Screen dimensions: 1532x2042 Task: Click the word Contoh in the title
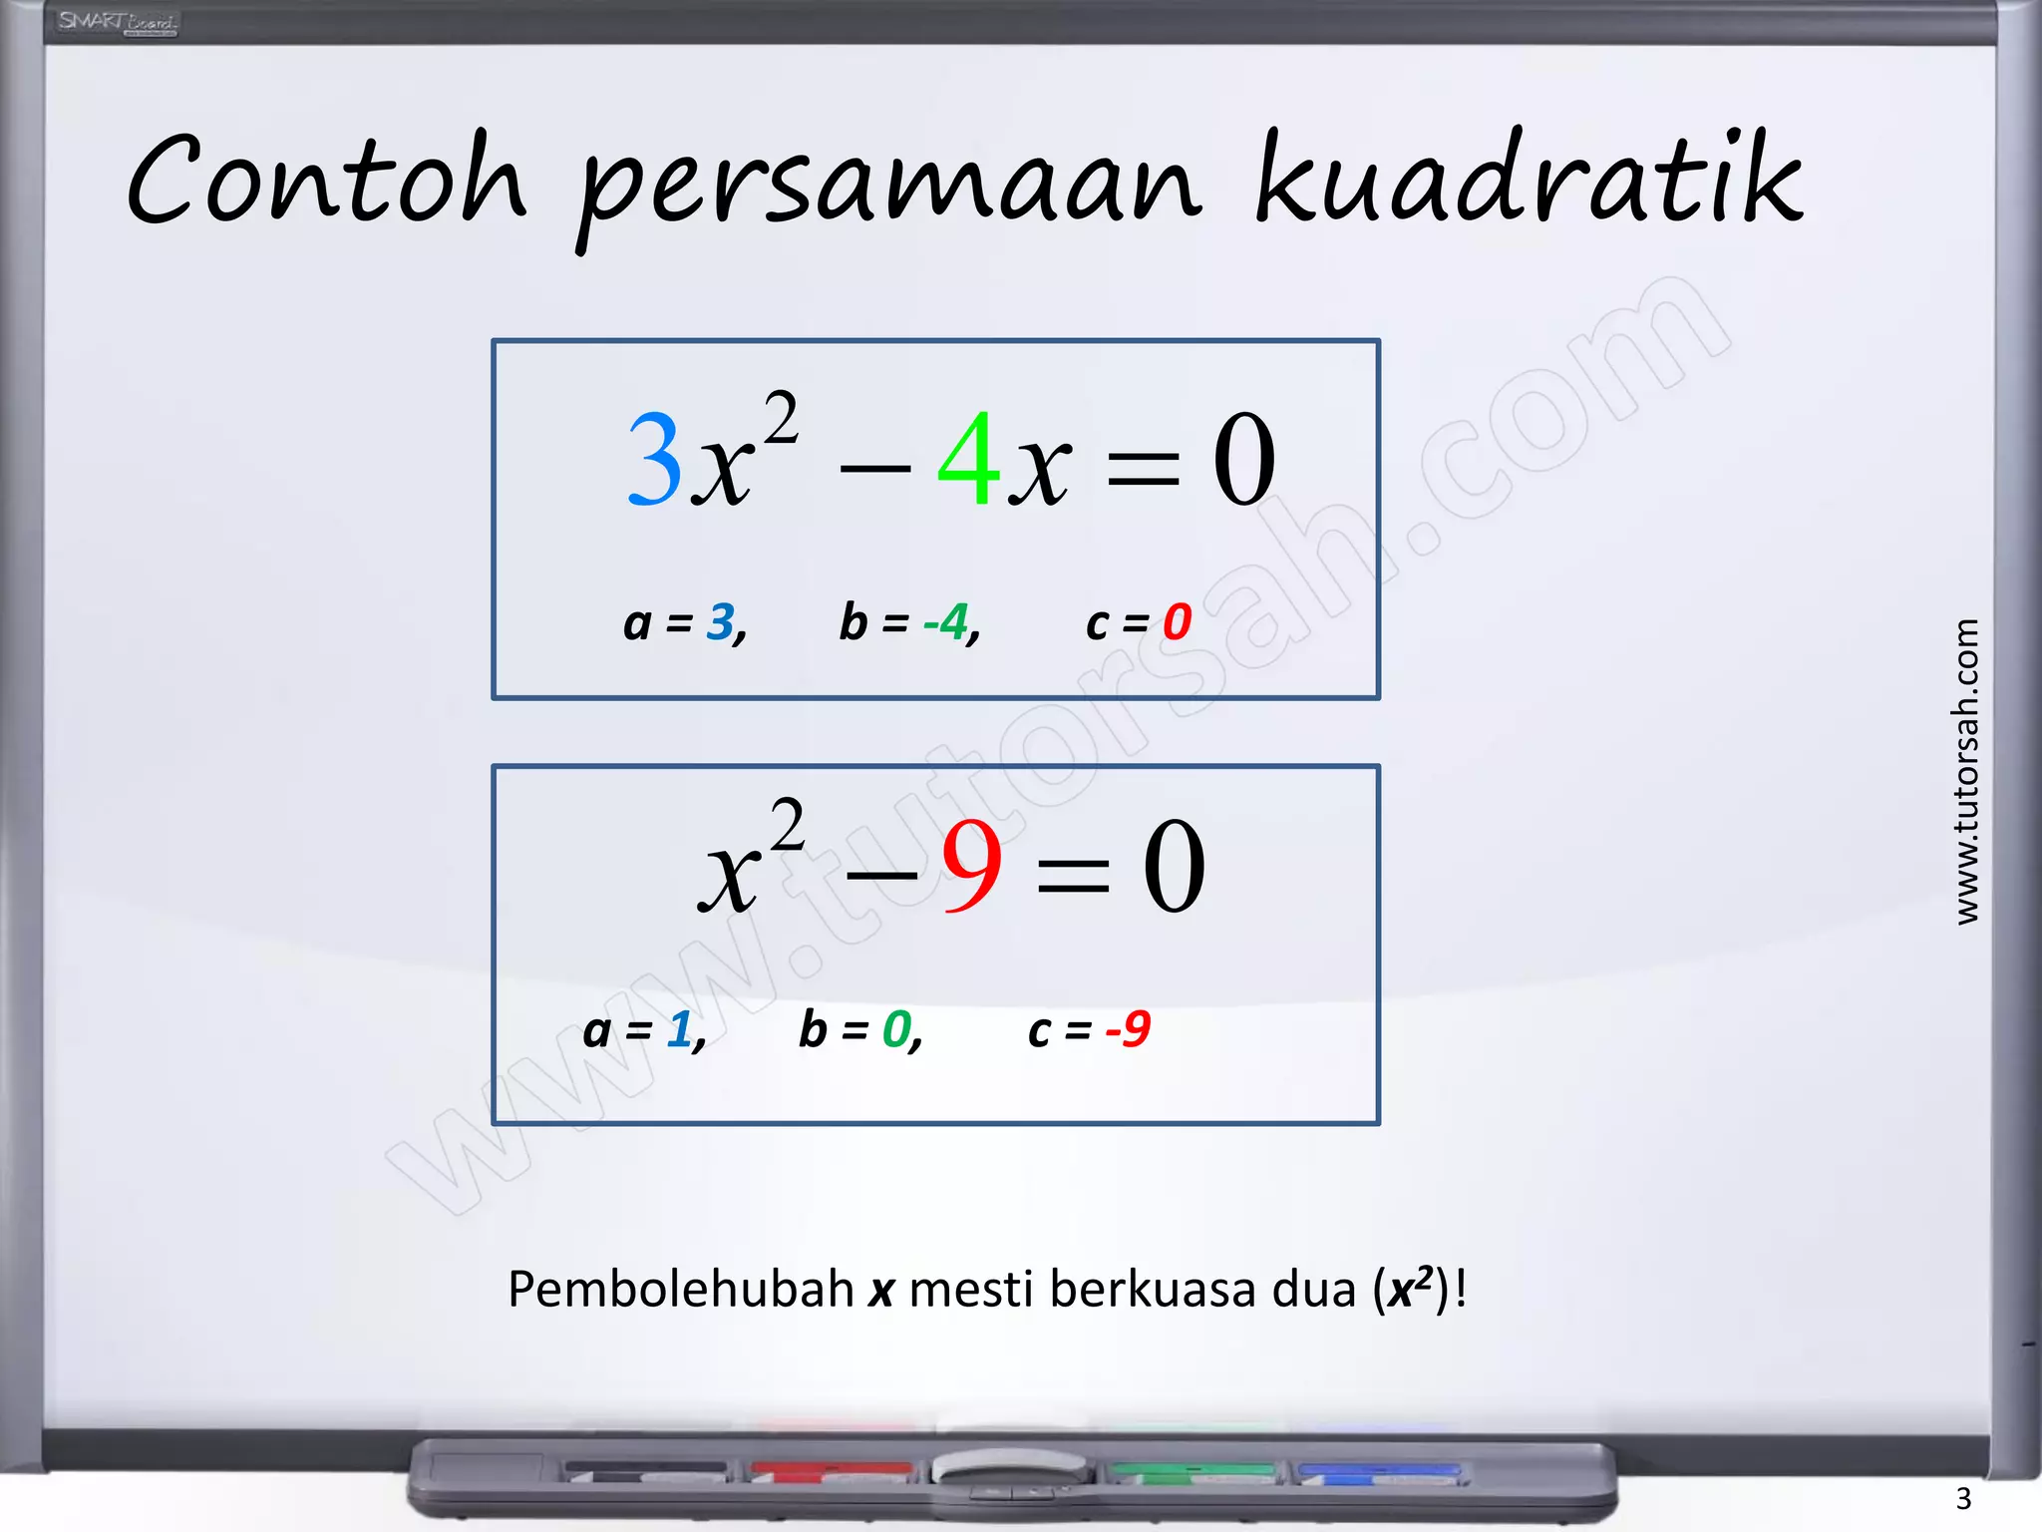coord(326,181)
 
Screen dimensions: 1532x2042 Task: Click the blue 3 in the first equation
coord(655,460)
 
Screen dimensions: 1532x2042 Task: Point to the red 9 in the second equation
coord(971,867)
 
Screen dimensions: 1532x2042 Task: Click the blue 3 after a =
coord(720,622)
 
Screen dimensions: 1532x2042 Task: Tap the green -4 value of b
coord(945,622)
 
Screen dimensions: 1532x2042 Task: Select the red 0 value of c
coord(1177,622)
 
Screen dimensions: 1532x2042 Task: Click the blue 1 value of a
coord(680,1029)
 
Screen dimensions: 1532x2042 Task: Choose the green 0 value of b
coord(896,1029)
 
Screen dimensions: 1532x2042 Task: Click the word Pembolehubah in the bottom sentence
coord(681,1289)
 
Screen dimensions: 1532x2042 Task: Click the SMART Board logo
coord(117,22)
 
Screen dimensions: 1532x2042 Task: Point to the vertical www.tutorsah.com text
coord(1965,771)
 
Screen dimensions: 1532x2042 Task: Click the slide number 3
coord(1963,1498)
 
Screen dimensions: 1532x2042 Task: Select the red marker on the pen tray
coord(831,1470)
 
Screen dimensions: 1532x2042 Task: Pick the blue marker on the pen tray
coord(1378,1471)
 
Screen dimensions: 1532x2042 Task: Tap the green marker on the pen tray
coord(1192,1471)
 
